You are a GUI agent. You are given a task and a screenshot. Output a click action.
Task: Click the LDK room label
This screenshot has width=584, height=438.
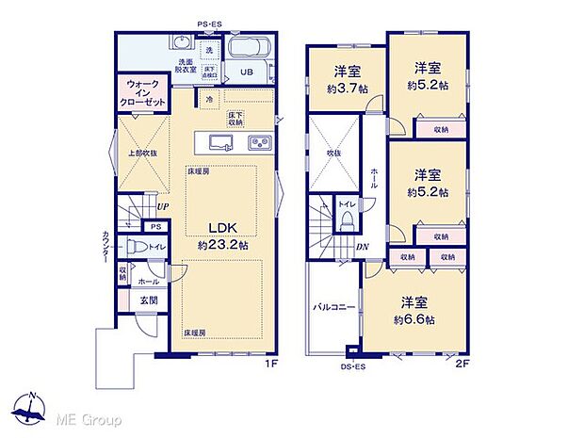[221, 227]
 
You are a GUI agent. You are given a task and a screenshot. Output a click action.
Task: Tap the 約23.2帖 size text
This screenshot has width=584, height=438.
[222, 244]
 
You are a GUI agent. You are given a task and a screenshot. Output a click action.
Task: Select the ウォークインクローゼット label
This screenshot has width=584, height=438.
[139, 94]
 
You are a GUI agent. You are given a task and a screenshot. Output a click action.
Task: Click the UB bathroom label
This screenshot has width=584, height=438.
[245, 73]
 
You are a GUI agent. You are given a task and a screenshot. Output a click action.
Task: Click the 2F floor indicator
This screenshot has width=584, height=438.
[462, 362]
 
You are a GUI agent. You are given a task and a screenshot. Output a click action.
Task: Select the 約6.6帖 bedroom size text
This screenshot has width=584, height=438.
[415, 320]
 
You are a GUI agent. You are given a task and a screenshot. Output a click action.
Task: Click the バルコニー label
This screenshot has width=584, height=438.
[333, 306]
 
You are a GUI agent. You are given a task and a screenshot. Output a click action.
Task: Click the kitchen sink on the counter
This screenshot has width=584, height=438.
[219, 142]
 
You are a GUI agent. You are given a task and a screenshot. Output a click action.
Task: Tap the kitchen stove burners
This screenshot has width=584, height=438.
[258, 142]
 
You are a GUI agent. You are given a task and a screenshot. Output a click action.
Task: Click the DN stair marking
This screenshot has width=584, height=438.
[364, 248]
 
